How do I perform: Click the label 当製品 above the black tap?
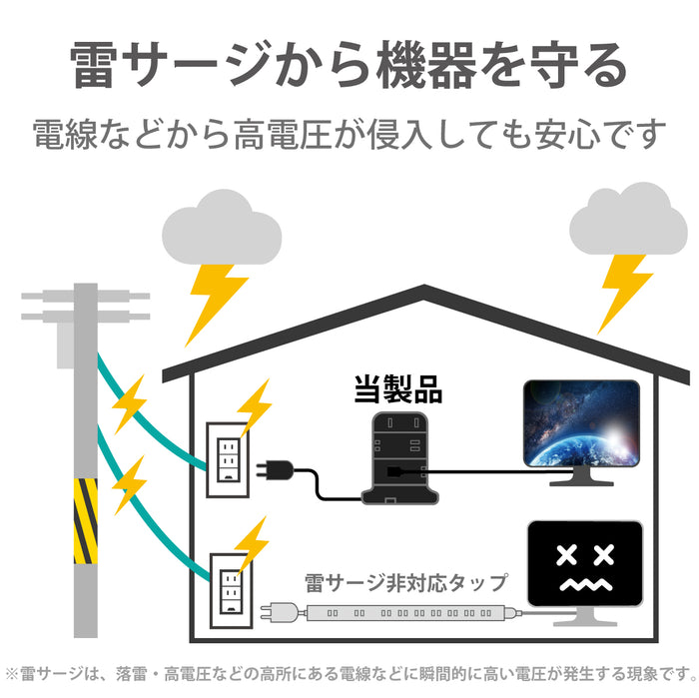398,388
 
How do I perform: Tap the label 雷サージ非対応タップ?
405,581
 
